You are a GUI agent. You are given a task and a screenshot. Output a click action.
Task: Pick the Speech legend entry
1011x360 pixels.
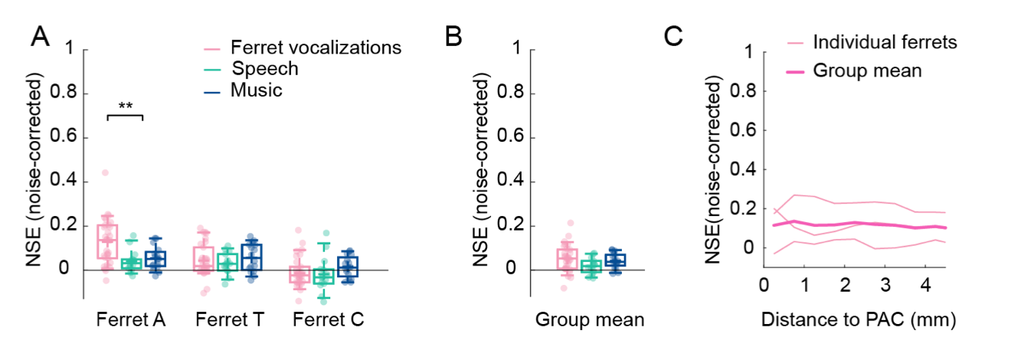[265, 69]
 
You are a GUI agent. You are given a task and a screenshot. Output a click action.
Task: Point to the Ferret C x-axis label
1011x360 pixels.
[329, 319]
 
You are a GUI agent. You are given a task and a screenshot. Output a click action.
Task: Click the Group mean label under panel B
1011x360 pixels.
[589, 319]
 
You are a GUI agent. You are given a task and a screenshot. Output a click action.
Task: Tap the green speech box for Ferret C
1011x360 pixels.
[324, 276]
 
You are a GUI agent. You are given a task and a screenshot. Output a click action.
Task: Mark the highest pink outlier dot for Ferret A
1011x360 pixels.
[105, 172]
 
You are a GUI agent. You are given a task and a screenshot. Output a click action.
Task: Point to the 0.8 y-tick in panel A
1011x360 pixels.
[65, 93]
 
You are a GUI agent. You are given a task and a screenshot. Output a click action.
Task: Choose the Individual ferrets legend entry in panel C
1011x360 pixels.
[885, 42]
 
